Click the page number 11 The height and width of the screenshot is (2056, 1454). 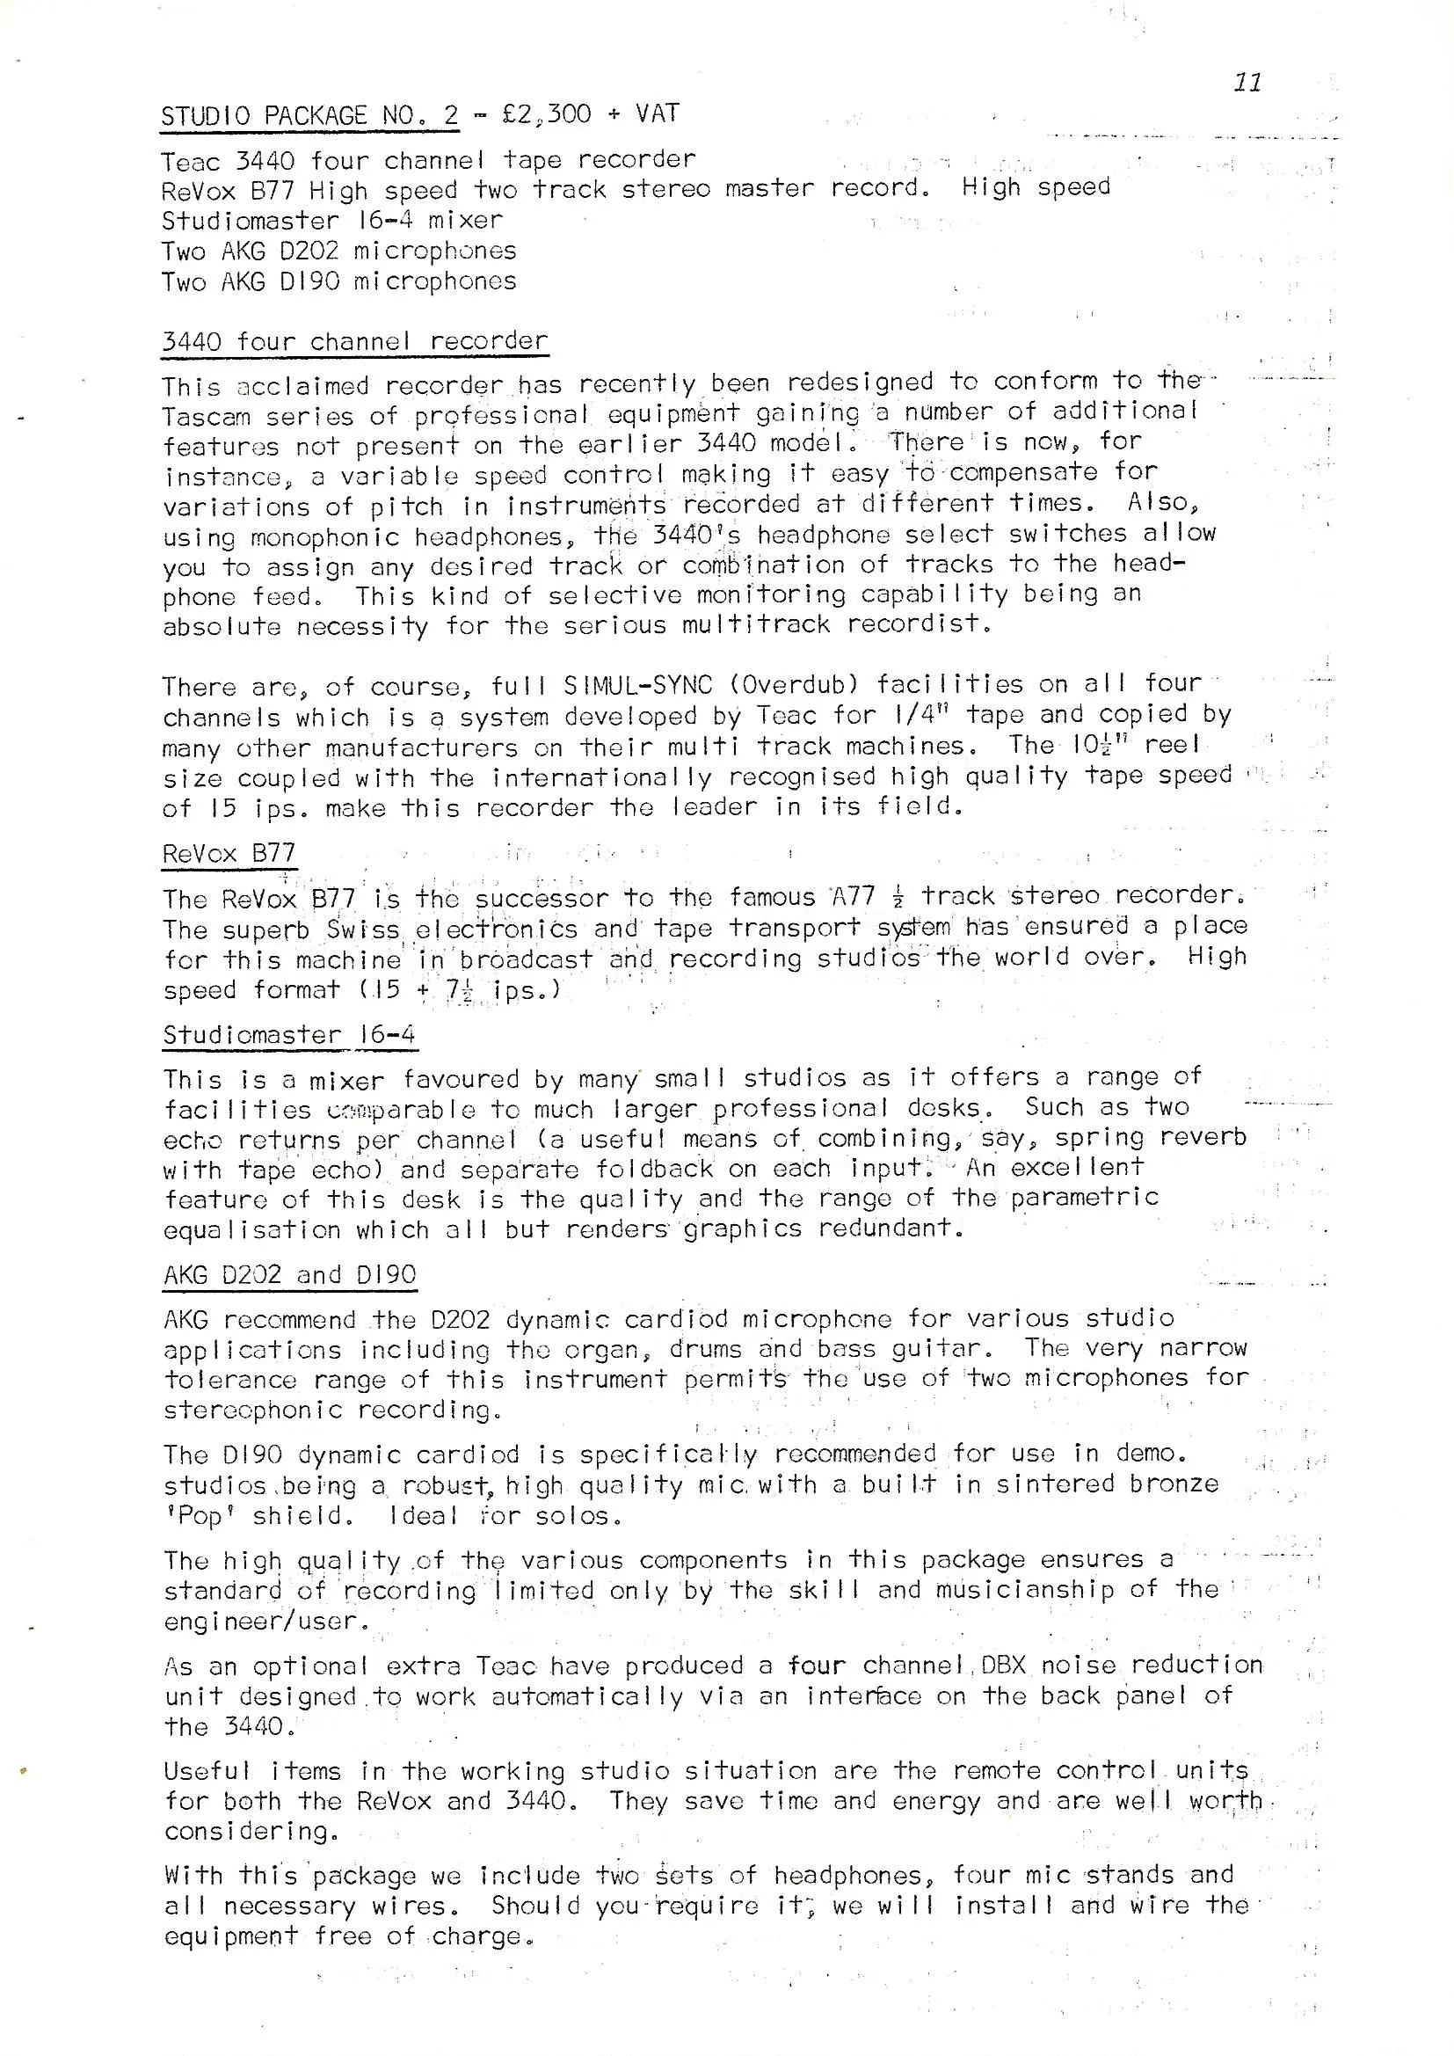[x=1247, y=83]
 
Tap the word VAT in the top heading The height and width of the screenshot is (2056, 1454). [x=658, y=113]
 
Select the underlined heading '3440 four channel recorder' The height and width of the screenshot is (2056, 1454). [x=354, y=341]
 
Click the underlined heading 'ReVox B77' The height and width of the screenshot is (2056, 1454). [x=229, y=853]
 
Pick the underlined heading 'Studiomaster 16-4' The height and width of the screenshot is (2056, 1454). [x=289, y=1035]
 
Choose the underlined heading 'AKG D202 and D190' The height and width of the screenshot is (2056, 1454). [x=290, y=1274]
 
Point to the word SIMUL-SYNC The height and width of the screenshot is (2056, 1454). [x=637, y=685]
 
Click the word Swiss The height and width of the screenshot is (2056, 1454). [x=362, y=930]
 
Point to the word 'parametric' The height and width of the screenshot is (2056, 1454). [x=1084, y=1197]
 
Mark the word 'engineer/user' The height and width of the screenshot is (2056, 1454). [x=265, y=1622]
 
